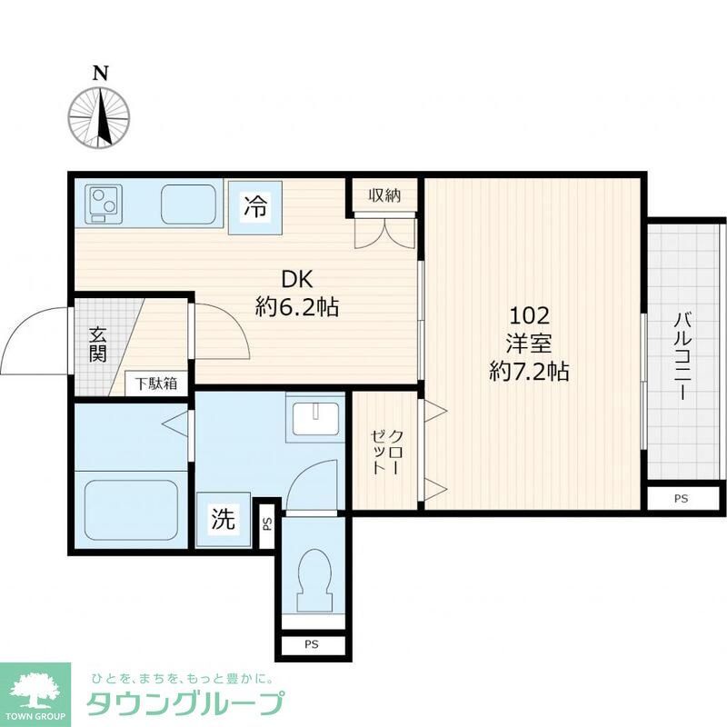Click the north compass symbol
(100, 118)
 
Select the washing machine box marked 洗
(223, 519)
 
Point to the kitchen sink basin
(190, 203)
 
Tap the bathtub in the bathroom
(131, 510)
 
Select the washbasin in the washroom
(314, 418)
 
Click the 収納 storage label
(385, 194)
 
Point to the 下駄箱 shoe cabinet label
(157, 383)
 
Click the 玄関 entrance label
(97, 344)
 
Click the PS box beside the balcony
(682, 499)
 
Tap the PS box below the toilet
(312, 646)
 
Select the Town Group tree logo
(35, 689)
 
